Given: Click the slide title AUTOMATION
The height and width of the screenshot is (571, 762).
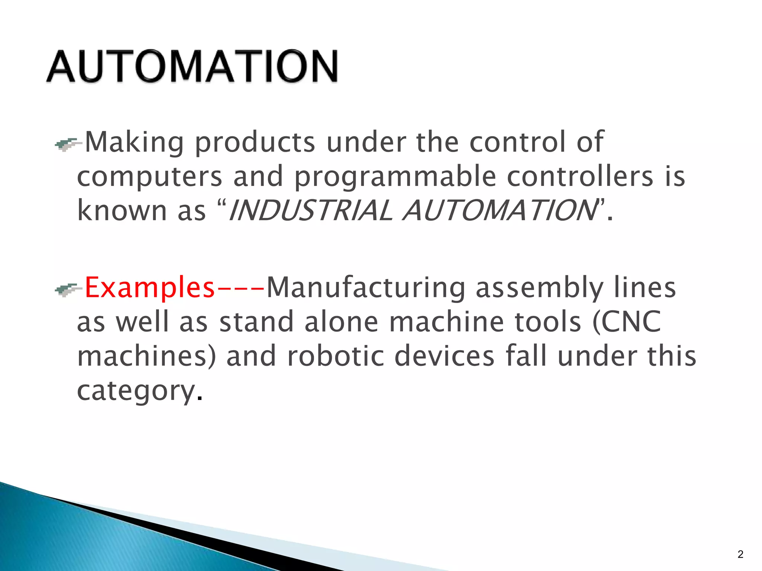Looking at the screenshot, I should tap(192, 67).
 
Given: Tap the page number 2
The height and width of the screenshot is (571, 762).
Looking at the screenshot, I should tap(740, 554).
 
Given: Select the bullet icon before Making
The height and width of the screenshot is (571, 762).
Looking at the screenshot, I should tap(68, 144).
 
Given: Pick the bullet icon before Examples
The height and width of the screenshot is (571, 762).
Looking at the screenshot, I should tap(68, 290).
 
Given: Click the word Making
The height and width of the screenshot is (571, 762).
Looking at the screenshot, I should tap(134, 143).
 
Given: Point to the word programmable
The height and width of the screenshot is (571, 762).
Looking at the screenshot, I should tap(395, 177).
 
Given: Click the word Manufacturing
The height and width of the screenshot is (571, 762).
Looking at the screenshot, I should tap(366, 288).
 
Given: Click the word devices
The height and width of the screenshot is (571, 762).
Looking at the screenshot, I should tap(444, 356).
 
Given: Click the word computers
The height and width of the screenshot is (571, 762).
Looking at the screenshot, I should tap(150, 177).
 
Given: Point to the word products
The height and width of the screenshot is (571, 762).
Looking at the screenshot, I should tap(255, 143).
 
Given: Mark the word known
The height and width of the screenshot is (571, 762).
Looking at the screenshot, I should tap(122, 210).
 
